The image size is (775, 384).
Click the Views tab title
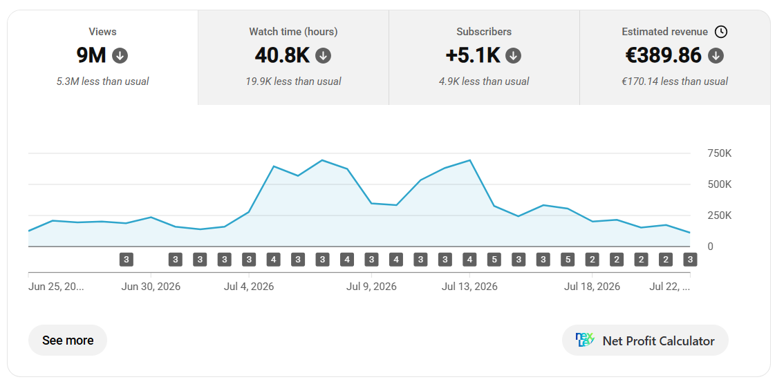pos(102,32)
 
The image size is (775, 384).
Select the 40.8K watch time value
pos(282,55)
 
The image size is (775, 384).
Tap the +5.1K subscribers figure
pos(473,55)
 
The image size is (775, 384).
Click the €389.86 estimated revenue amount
pos(663,55)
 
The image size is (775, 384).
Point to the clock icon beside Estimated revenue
pos(721,32)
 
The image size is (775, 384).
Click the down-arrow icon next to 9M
pos(120,55)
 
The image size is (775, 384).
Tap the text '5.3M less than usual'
pos(102,81)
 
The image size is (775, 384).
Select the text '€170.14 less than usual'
pos(675,81)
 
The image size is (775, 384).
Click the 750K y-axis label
pos(720,153)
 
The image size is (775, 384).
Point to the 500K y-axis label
pos(720,184)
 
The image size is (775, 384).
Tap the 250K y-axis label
pos(720,215)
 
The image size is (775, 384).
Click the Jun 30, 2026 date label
pos(151,287)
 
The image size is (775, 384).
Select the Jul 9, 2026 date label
pos(371,287)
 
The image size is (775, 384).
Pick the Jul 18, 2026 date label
pos(592,287)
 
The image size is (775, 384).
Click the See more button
pos(68,340)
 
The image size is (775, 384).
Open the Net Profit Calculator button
pos(645,340)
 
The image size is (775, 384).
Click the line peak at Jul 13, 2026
pos(469,160)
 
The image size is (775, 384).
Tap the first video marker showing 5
pos(494,259)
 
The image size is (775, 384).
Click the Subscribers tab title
pos(484,32)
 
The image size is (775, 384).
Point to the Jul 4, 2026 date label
pos(249,287)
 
